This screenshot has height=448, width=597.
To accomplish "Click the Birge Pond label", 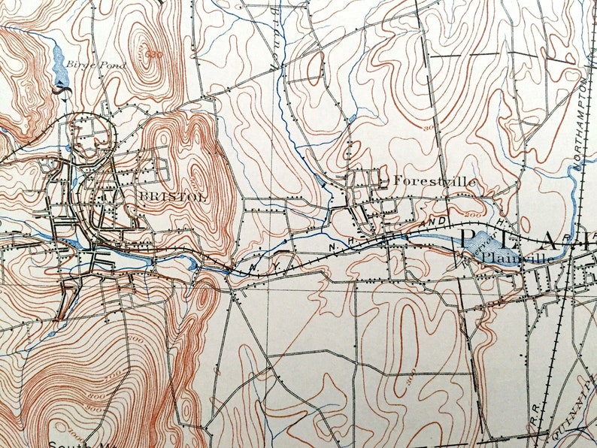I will [x=95, y=65].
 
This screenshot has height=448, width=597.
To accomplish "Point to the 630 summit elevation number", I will [x=154, y=54].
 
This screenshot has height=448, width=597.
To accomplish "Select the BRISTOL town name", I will [x=160, y=196].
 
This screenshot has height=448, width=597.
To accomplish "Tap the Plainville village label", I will [x=518, y=258].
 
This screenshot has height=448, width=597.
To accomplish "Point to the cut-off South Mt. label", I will [x=75, y=443].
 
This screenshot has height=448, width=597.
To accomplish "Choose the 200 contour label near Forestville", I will [x=472, y=215].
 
